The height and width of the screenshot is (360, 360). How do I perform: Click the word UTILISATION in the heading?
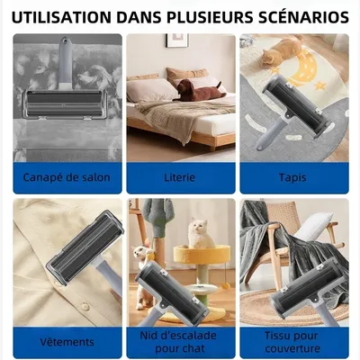61,16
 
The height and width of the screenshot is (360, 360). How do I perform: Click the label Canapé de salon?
67,177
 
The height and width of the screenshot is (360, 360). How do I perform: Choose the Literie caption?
179,177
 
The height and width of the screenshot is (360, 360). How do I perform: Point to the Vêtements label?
67,342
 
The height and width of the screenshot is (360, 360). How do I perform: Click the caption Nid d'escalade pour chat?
179,342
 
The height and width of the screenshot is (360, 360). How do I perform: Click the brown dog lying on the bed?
196,90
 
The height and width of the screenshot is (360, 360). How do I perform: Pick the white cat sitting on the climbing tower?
200,236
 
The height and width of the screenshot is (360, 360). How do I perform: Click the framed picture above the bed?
176,40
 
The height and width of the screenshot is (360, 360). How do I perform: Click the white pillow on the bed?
148,89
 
